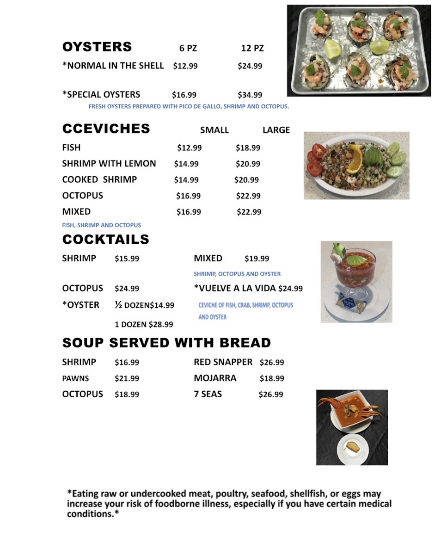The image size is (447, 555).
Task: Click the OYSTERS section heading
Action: pyautogui.click(x=97, y=47)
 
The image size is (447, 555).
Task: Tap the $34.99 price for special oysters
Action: pyautogui.click(x=250, y=95)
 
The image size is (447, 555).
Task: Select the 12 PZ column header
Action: pyautogui.click(x=252, y=48)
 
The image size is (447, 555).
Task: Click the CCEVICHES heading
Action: pyautogui.click(x=106, y=129)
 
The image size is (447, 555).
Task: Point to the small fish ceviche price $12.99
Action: pyautogui.click(x=189, y=148)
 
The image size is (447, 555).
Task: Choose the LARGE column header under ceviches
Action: pyautogui.click(x=276, y=130)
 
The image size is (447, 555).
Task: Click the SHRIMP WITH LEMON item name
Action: pyautogui.click(x=109, y=164)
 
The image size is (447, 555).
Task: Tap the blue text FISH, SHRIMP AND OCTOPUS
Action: pyautogui.click(x=102, y=225)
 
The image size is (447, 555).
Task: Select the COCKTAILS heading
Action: pyautogui.click(x=105, y=240)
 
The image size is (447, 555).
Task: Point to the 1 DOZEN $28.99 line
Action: pyautogui.click(x=144, y=325)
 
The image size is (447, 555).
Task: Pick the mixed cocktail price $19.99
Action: pyautogui.click(x=257, y=259)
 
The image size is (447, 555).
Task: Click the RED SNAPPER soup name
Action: pyautogui.click(x=223, y=362)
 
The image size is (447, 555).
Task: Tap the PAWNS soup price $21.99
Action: pyautogui.click(x=127, y=378)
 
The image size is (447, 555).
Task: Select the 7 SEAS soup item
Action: pyautogui.click(x=208, y=395)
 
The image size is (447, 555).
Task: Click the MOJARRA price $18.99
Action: pyautogui.click(x=271, y=378)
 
